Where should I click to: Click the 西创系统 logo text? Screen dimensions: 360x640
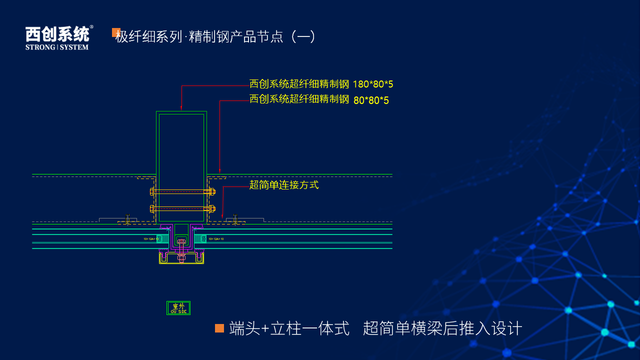[57, 34]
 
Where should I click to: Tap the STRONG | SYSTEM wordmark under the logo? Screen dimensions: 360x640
[57, 47]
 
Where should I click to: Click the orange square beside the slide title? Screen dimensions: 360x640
[116, 32]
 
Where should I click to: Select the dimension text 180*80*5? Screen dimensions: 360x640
[373, 84]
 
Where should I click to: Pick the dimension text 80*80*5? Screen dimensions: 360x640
[371, 100]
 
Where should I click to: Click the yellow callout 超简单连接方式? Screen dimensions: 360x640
[284, 185]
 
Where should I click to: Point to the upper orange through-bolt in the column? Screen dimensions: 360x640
[182, 191]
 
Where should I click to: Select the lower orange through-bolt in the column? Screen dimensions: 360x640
[182, 208]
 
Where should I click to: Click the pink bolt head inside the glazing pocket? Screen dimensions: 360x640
[181, 242]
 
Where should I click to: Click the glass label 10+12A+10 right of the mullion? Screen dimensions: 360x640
[216, 239]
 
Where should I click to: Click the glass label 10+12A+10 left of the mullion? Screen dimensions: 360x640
[150, 239]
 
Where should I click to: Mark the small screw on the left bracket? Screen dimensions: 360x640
[127, 218]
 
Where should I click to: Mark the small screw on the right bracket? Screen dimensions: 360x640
[235, 218]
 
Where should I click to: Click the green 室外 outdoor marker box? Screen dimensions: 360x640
[178, 308]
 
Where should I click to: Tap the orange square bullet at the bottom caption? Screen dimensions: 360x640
[219, 328]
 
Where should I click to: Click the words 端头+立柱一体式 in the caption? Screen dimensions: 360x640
[289, 328]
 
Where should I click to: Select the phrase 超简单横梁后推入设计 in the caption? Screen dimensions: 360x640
[442, 328]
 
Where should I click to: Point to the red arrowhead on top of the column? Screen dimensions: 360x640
[181, 107]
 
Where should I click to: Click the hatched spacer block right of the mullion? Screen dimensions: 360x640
[199, 238]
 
